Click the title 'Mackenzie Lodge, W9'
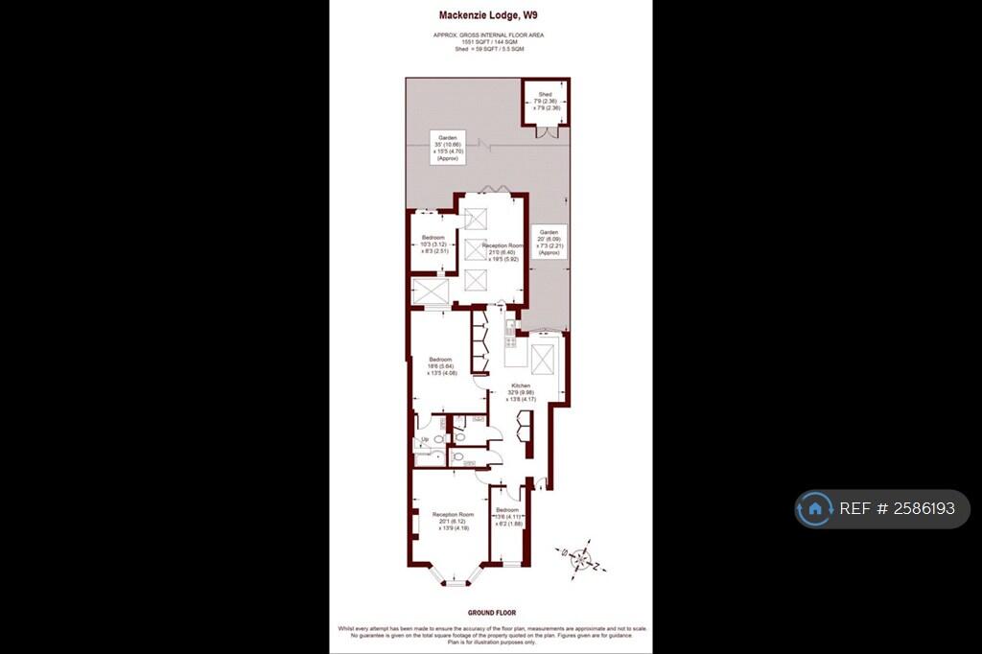pyautogui.click(x=488, y=15)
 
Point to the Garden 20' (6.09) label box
pyautogui.click(x=548, y=240)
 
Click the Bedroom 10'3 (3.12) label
pyautogui.click(x=433, y=245)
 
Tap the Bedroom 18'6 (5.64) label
pyautogui.click(x=440, y=366)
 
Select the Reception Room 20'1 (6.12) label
pyautogui.click(x=453, y=521)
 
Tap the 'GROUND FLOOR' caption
pyautogui.click(x=492, y=613)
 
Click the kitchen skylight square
pyautogui.click(x=543, y=362)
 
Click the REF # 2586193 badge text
pyautogui.click(x=898, y=509)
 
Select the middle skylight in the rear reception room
pyautogui.click(x=477, y=249)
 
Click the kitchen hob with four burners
pyautogui.click(x=510, y=337)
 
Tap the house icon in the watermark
pyautogui.click(x=814, y=509)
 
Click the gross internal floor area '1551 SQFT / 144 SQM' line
pyautogui.click(x=490, y=43)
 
